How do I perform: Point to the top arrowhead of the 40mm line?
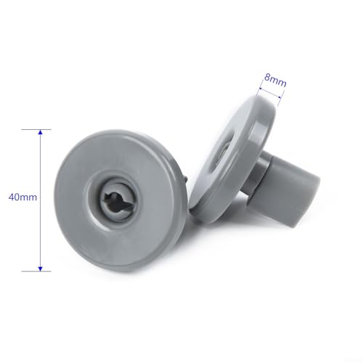click(x=41, y=133)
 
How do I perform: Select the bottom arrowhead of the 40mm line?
click(x=41, y=266)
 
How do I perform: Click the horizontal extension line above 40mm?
click(x=36, y=129)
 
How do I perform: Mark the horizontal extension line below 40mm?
click(x=36, y=271)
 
